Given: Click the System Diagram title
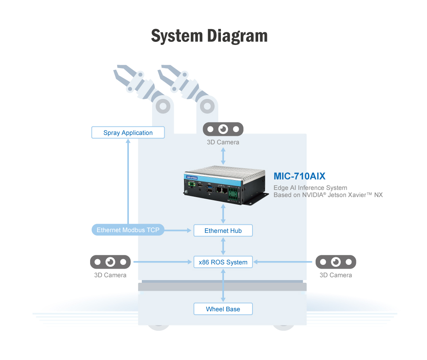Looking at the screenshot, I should pyautogui.click(x=209, y=36).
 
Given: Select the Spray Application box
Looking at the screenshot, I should pyautogui.click(x=128, y=133).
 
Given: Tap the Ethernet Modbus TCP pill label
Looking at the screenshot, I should pyautogui.click(x=128, y=230).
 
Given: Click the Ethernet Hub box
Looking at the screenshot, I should pyautogui.click(x=223, y=231).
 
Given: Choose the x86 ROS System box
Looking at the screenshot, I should pyautogui.click(x=223, y=262).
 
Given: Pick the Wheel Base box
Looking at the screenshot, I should pyautogui.click(x=223, y=309).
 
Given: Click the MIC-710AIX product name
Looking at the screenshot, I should pyautogui.click(x=299, y=176).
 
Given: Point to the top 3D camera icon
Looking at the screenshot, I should pyautogui.click(x=223, y=129).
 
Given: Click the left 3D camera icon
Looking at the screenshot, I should pyautogui.click(x=110, y=262).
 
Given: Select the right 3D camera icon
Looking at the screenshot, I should pyautogui.click(x=336, y=262).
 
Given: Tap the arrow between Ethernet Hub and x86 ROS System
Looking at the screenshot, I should pyautogui.click(x=223, y=246).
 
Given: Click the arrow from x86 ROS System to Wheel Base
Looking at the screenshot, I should pyautogui.click(x=223, y=285).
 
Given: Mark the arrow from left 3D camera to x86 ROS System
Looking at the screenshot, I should pyautogui.click(x=162, y=262).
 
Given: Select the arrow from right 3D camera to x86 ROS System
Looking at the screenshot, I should pyautogui.click(x=284, y=262).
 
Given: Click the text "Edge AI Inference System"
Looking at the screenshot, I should pyautogui.click(x=310, y=188).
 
